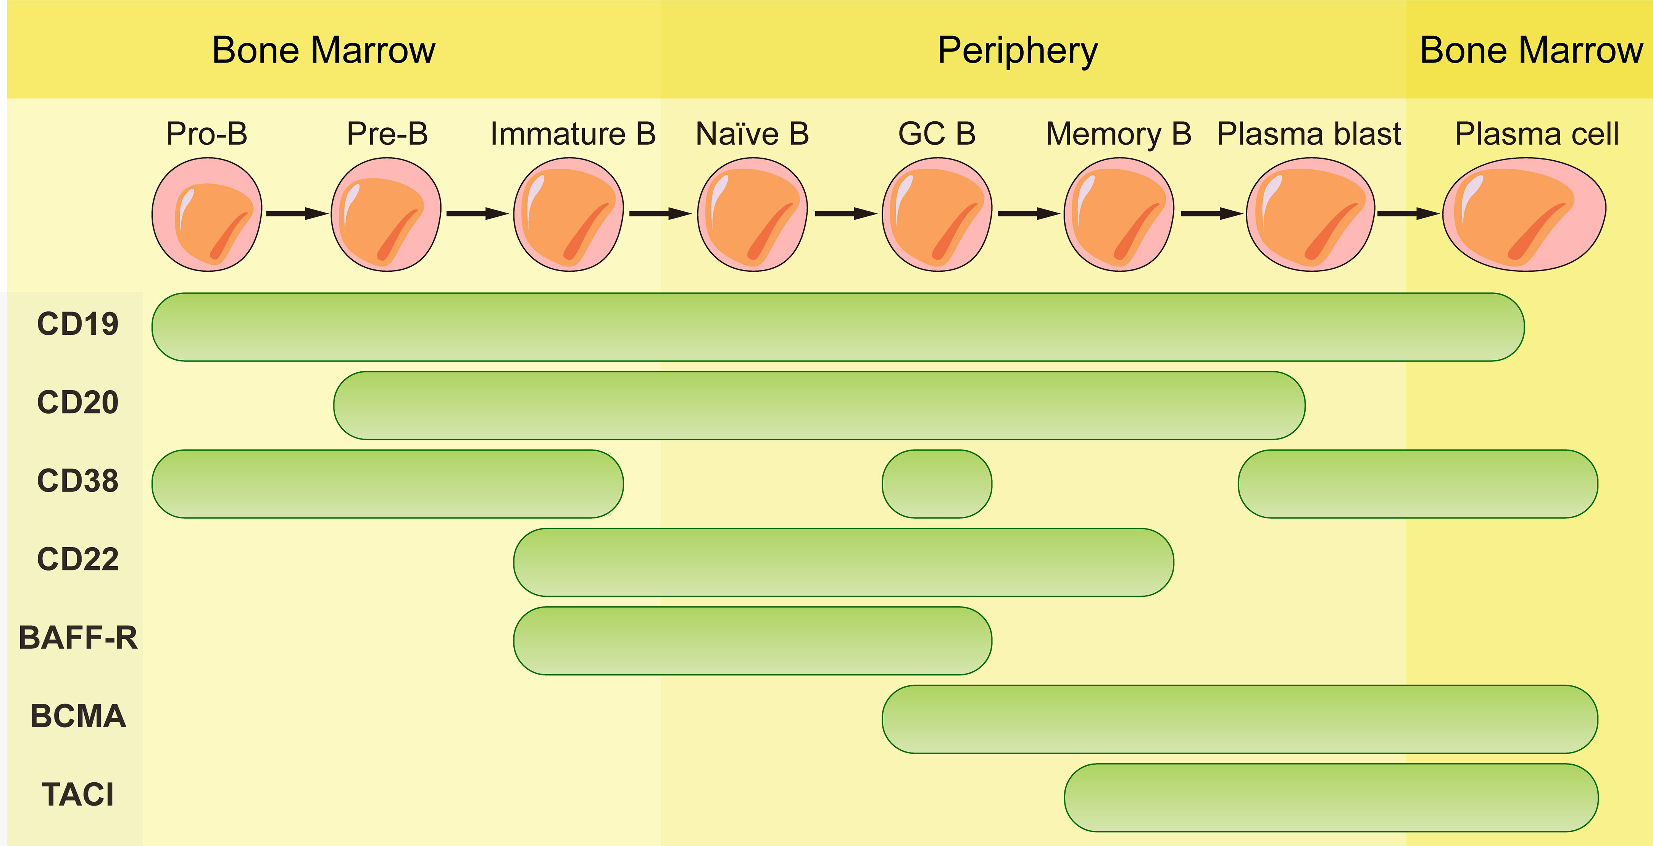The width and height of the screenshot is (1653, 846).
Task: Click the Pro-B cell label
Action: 206,134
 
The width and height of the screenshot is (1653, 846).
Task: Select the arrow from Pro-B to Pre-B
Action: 297,214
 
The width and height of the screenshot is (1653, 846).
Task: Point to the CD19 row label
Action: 77,324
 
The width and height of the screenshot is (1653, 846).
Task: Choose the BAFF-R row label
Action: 77,638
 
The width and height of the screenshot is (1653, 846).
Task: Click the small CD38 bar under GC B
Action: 937,483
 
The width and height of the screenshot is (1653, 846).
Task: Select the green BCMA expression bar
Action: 1239,719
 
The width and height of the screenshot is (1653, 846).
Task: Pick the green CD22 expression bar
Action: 843,562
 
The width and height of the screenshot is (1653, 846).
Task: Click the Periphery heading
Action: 1018,51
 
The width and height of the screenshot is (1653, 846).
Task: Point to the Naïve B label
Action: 752,134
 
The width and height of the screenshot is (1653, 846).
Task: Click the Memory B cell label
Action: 1118,134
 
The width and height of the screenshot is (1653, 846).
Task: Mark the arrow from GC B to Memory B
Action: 1028,214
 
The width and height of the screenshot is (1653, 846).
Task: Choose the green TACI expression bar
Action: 1331,797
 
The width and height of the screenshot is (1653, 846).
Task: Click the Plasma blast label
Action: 1309,134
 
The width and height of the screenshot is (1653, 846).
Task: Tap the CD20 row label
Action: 77,402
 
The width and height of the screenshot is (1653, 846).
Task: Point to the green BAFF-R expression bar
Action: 752,641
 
